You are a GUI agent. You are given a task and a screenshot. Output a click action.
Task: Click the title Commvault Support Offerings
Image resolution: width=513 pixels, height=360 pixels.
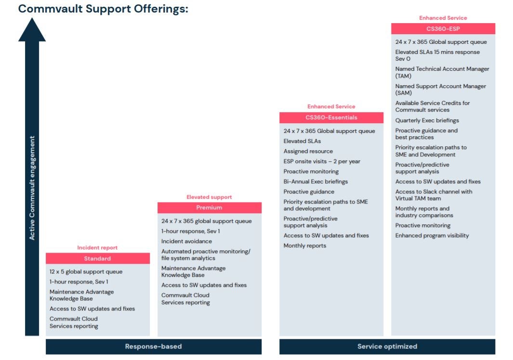click(103, 9)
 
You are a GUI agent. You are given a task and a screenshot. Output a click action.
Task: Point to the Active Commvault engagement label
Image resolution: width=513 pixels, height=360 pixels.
click(32, 188)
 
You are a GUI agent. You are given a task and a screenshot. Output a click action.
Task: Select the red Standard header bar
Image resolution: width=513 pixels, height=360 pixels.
click(97, 258)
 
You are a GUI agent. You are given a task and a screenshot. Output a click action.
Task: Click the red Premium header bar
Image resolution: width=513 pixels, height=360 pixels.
click(210, 207)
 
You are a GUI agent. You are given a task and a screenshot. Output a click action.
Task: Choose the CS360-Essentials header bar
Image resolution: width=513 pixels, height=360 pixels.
click(331, 118)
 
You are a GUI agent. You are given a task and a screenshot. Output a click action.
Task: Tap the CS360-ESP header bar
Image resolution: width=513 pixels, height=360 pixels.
click(443, 29)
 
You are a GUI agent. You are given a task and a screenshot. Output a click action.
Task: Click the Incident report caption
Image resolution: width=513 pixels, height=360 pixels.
click(97, 248)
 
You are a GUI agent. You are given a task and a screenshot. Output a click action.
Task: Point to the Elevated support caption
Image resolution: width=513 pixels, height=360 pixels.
click(209, 197)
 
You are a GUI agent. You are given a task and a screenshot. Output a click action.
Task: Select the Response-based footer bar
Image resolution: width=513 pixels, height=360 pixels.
click(154, 347)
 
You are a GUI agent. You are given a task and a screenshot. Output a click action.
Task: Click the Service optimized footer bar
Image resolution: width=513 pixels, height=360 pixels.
click(387, 347)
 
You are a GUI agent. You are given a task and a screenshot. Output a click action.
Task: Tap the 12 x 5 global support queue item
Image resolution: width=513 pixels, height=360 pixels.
click(86, 272)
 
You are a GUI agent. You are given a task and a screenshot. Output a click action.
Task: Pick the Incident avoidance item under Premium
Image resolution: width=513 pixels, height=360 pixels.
click(186, 241)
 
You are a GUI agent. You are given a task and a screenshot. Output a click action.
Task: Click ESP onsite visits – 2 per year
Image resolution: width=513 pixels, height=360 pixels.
click(322, 162)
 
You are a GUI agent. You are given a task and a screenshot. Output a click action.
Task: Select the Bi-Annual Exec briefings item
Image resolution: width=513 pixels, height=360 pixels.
click(316, 181)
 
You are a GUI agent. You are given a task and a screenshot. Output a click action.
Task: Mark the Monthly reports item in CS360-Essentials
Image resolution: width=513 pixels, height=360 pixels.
click(305, 245)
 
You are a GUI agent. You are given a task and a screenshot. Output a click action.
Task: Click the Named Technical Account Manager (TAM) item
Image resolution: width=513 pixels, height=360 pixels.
click(442, 72)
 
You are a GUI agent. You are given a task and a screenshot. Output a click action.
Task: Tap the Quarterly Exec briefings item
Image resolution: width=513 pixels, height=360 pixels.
click(427, 120)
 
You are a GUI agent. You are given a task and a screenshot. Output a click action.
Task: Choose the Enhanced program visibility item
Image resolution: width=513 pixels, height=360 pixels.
click(432, 235)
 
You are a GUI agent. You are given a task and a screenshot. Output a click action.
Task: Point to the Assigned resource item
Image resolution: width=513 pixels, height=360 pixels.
click(308, 152)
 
